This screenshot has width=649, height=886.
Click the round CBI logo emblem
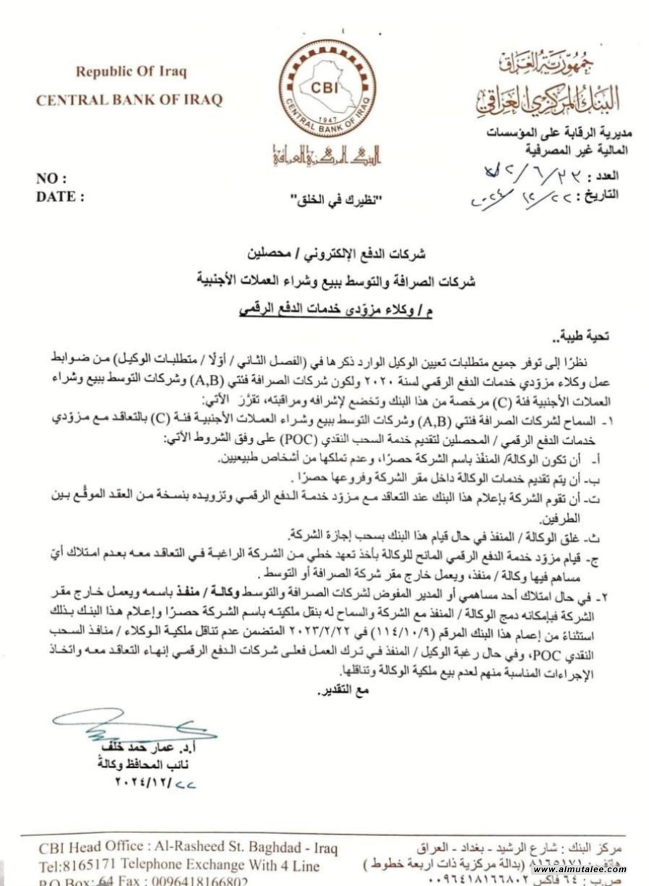click(327, 89)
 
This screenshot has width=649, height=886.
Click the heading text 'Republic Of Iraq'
click(131, 72)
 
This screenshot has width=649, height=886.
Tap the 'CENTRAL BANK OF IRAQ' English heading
click(130, 100)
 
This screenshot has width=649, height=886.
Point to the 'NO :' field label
click(52, 179)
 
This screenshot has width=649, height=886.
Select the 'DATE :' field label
click(60, 196)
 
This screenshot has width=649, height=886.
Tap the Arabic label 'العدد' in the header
click(604, 176)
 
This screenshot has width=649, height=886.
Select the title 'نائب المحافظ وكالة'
click(145, 764)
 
